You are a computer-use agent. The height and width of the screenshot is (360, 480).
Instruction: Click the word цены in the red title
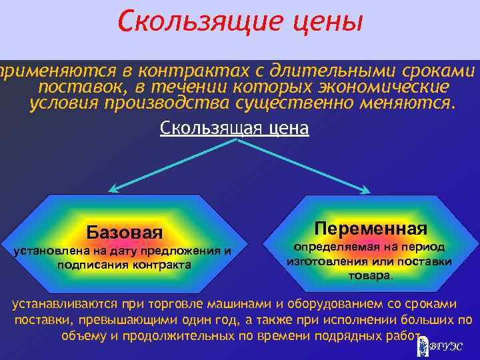pos(328,23)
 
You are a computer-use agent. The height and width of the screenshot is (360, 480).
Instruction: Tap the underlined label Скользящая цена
pos(235,127)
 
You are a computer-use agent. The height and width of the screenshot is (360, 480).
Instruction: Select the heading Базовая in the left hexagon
pos(125,232)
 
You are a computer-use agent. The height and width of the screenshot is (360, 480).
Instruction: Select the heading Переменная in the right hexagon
pos(371,229)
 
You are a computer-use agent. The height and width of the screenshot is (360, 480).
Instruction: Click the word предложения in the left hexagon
pos(187,251)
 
